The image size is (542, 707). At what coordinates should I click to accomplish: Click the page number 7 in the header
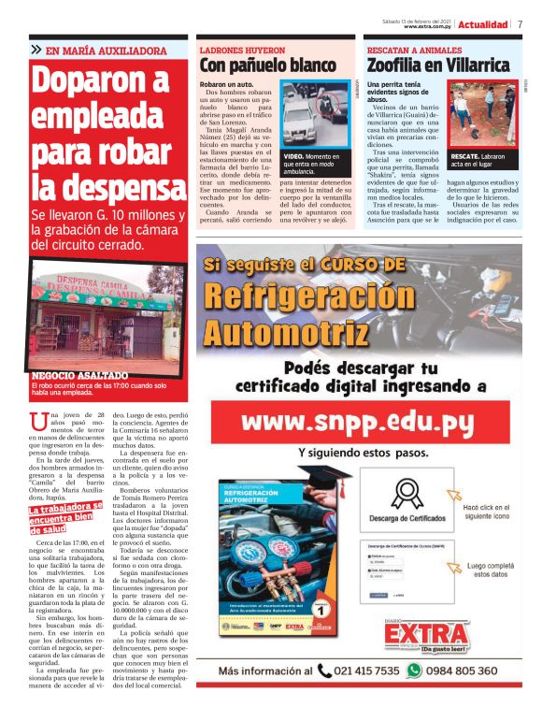click(520, 23)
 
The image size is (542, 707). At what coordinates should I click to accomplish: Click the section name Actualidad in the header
click(482, 24)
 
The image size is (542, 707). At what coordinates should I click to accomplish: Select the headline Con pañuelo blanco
click(267, 65)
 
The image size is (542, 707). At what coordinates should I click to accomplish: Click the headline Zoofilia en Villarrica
click(437, 65)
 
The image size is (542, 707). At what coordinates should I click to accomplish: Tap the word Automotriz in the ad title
click(272, 333)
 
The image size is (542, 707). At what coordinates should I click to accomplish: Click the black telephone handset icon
click(324, 671)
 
